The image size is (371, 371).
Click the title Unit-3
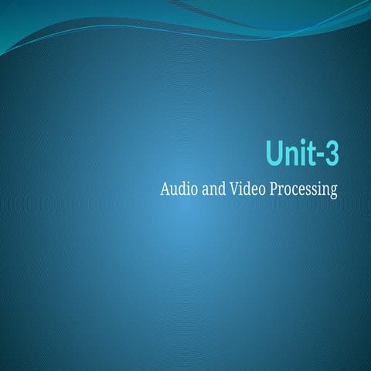coord(301,152)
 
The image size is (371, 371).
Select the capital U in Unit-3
coord(275,152)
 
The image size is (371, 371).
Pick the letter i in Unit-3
coord(301,152)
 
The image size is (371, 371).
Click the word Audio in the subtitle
coord(178,189)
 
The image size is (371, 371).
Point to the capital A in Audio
coord(163,189)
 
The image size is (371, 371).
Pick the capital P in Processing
coord(274,189)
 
